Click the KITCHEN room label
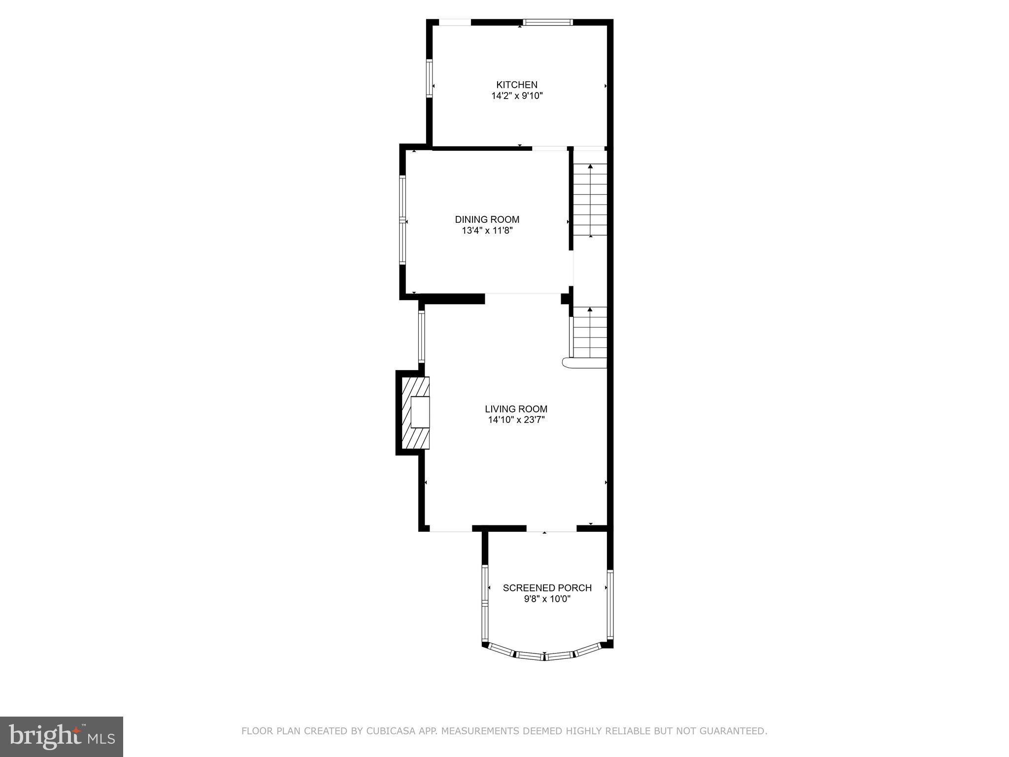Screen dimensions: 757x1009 point(516,85)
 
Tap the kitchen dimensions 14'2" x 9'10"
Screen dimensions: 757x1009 point(517,96)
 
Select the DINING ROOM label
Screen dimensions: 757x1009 point(487,219)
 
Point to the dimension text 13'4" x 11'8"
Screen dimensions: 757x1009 point(487,231)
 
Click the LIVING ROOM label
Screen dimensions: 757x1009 point(516,409)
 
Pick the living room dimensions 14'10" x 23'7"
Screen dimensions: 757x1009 point(516,420)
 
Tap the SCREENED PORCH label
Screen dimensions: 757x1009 point(547,588)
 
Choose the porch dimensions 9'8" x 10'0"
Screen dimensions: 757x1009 point(547,599)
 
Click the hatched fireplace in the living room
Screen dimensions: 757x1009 point(415,413)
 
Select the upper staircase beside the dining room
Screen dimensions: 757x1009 point(590,200)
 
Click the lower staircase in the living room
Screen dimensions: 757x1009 point(590,333)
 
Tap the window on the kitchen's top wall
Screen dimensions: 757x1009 point(548,22)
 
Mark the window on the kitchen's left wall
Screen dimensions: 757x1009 point(429,78)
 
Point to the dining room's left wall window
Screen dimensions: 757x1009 point(403,220)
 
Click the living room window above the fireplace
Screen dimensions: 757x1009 point(422,336)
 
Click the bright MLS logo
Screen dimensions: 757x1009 point(62,736)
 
